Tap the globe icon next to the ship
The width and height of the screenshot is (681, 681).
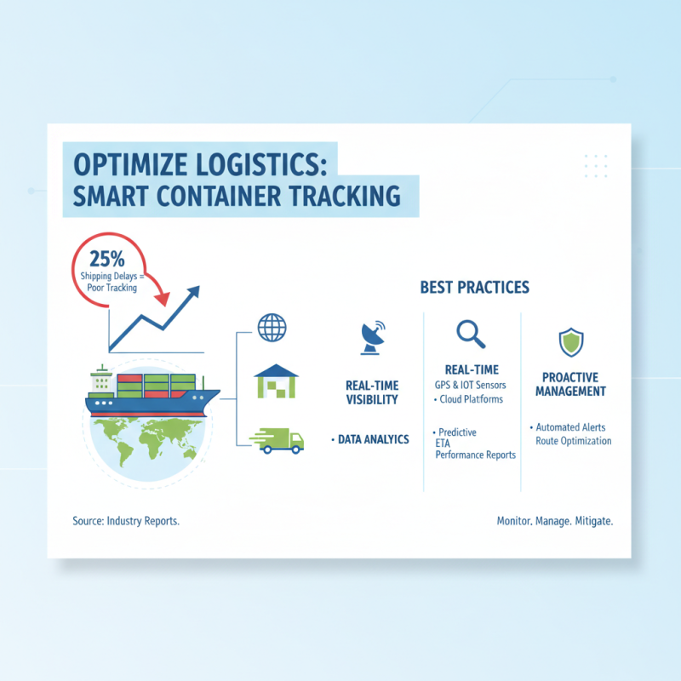click(272, 327)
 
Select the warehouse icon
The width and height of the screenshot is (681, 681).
click(277, 382)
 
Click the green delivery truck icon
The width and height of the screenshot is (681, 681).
click(278, 439)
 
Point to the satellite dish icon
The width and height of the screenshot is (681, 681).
click(373, 337)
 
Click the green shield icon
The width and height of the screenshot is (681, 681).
click(570, 343)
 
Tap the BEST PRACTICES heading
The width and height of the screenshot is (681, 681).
click(474, 288)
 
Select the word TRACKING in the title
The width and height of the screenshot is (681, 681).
click(346, 195)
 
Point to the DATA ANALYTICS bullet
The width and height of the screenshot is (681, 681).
click(370, 439)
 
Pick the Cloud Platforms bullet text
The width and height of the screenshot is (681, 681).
click(470, 398)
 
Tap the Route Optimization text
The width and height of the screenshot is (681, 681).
click(573, 441)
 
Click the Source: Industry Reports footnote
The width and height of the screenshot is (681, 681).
click(126, 520)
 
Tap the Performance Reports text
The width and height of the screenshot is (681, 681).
click(475, 455)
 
